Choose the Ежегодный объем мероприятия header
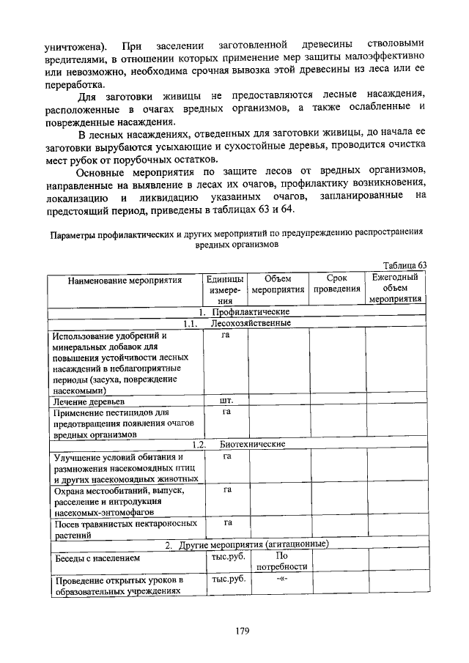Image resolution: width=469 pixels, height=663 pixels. pos(395,289)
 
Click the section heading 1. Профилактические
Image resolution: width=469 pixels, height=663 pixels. pos(237,311)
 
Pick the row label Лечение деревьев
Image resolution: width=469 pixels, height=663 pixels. pos(88,401)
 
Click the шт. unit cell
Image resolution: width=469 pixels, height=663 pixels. pos(227,401)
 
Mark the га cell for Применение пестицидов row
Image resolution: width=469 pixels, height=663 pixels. pos(227,412)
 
